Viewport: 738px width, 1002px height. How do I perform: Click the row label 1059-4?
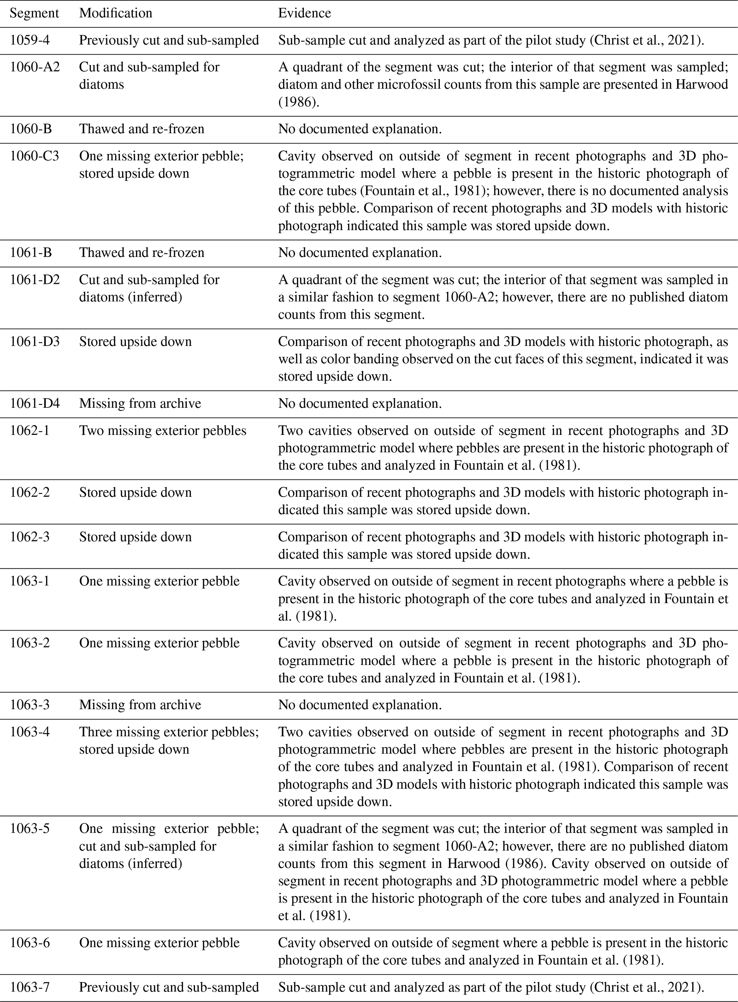30,40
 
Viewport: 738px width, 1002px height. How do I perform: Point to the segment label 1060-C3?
34,156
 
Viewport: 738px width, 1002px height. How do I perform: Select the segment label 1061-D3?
34,342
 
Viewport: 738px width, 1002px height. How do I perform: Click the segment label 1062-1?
30,431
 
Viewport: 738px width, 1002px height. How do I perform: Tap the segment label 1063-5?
30,829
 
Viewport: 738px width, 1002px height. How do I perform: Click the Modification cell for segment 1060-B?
142,129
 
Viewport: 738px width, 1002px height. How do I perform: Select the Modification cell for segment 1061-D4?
140,404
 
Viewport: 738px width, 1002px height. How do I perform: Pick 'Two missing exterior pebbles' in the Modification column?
162,431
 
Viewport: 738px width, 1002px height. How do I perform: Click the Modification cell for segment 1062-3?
135,536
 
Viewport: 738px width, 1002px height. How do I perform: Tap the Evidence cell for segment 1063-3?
360,705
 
